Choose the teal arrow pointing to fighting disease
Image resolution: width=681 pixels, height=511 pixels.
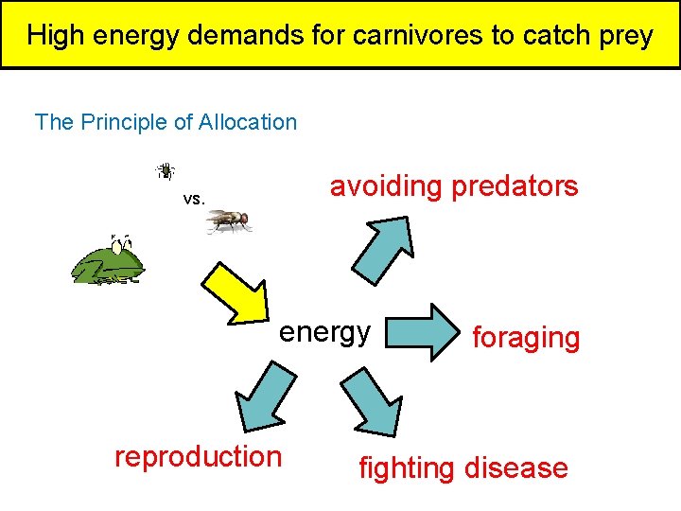coord(373,401)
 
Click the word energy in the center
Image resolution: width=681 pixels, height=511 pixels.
coord(324,332)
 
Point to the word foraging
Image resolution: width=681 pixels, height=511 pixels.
coord(525,338)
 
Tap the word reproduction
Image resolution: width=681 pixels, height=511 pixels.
coord(198,456)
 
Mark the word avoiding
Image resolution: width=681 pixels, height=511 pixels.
coord(385,186)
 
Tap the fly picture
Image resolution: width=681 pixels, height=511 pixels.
coord(229,220)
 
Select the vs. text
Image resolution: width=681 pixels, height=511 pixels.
coord(194,200)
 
